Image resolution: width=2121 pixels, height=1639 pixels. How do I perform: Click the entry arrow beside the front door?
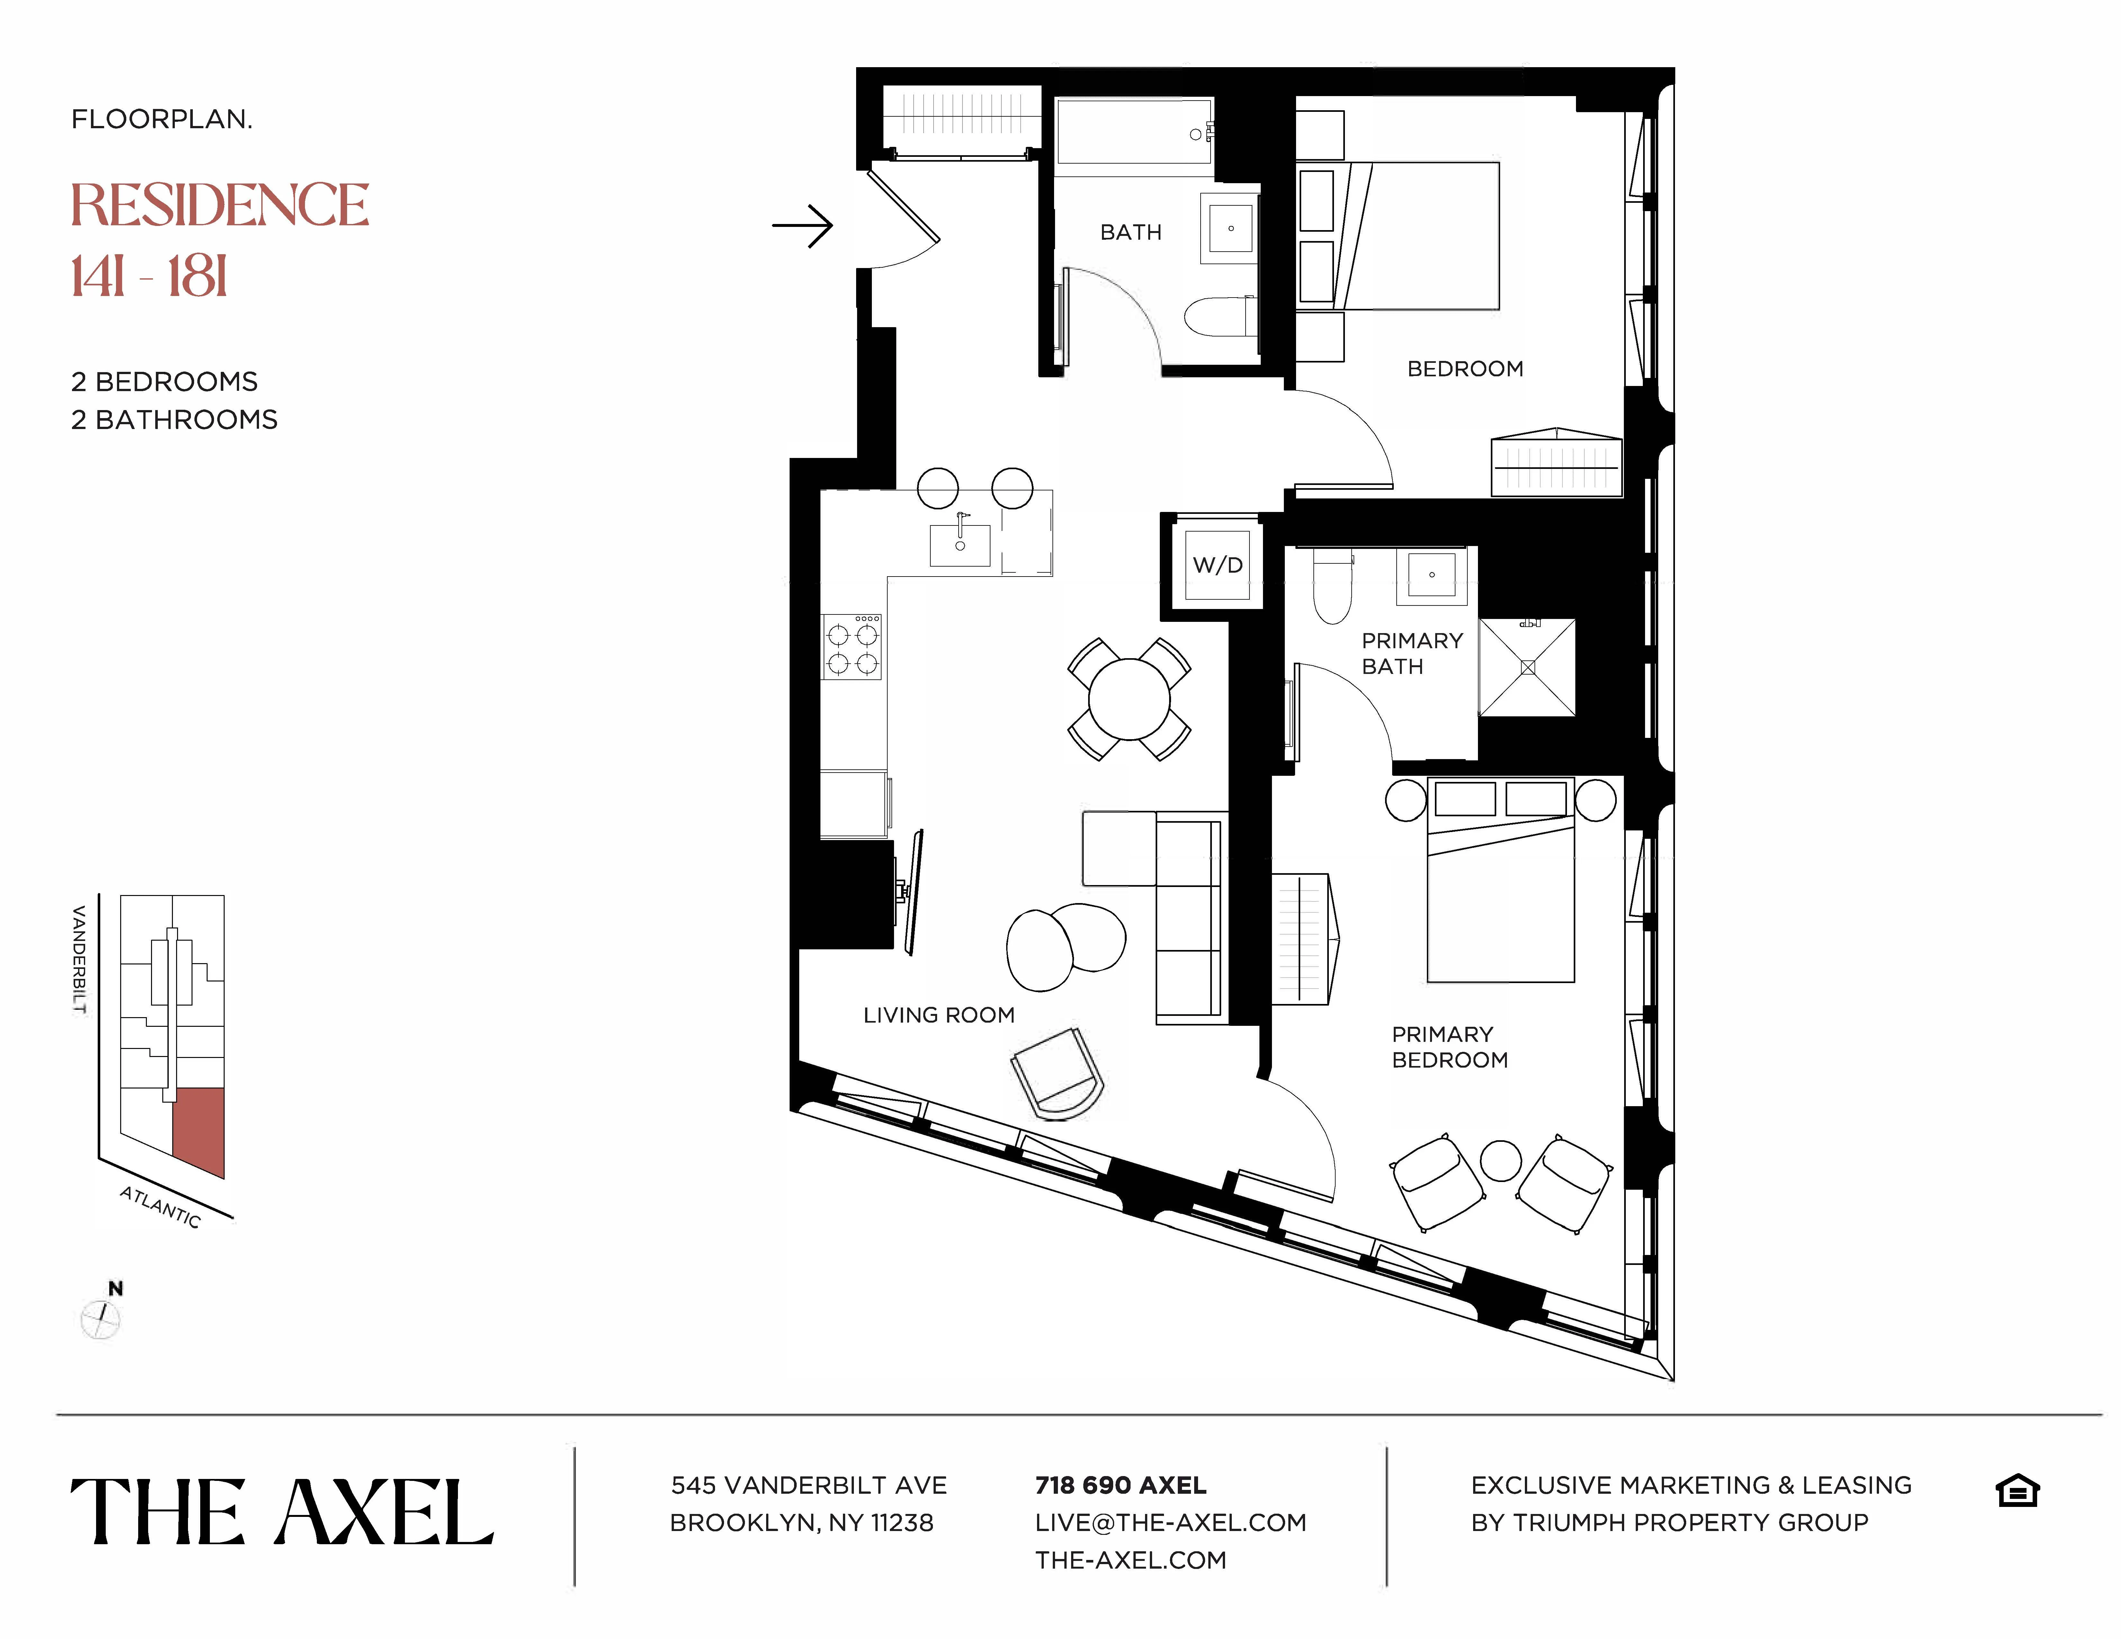803,226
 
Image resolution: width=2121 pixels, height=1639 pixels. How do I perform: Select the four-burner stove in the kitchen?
852,647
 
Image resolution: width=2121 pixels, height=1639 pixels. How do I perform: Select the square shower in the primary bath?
1527,667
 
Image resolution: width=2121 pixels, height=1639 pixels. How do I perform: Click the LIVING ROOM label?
938,1015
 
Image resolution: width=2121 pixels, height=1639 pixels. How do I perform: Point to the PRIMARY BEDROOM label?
1449,1047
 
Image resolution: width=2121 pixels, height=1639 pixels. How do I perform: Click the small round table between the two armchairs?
1500,1160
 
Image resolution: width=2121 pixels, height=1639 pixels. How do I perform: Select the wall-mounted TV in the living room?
913,891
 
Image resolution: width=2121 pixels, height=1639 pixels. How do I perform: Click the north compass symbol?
101,1318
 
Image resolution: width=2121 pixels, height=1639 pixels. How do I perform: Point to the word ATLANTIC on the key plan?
160,1207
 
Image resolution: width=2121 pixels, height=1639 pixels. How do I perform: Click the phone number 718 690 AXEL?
1121,1485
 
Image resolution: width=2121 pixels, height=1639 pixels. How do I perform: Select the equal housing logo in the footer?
2017,1491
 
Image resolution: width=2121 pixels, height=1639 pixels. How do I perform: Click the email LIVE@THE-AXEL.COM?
1170,1522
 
